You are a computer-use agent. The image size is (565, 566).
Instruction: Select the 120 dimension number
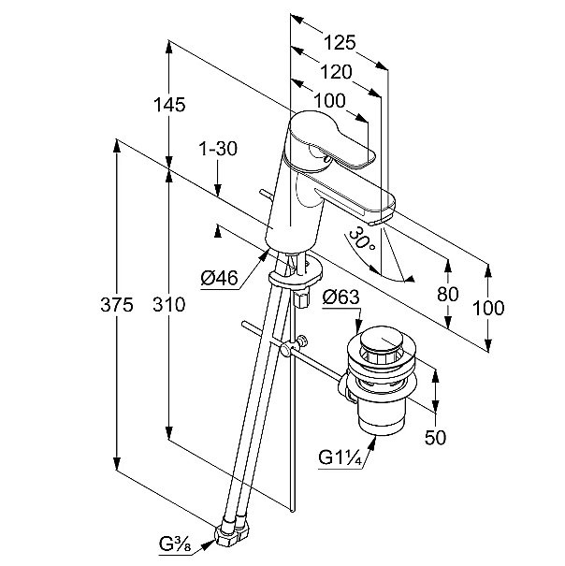click(333, 72)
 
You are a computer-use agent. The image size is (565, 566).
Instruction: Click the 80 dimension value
click(449, 293)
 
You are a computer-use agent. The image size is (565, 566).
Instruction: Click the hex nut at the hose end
click(231, 533)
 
